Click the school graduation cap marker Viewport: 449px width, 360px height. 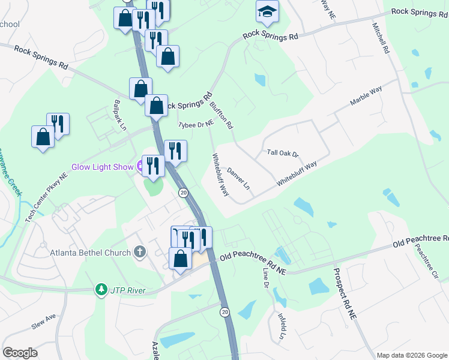pyautogui.click(x=267, y=11)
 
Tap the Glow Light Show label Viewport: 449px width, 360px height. pyautogui.click(x=101, y=167)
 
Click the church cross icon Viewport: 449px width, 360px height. pyautogui.click(x=139, y=252)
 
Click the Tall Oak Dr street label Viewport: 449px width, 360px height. pyautogui.click(x=282, y=154)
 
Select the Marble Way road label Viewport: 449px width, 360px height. pyautogui.click(x=366, y=98)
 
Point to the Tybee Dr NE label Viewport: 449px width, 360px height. pyautogui.click(x=196, y=124)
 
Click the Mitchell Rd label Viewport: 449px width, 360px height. pyautogui.click(x=381, y=38)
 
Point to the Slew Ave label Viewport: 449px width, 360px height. pyautogui.click(x=43, y=320)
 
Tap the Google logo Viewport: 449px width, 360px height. pyautogui.click(x=20, y=353)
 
